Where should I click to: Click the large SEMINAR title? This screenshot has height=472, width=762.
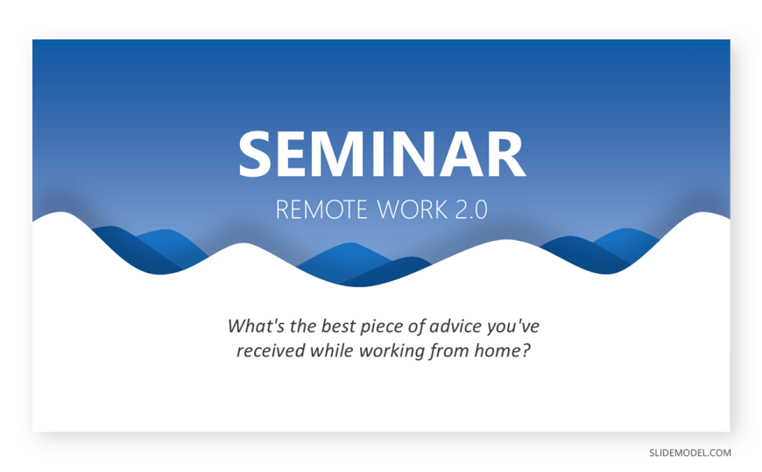pyautogui.click(x=382, y=154)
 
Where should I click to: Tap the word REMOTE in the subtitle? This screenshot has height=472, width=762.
pyautogui.click(x=321, y=210)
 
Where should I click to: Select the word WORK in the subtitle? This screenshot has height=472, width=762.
pyautogui.click(x=413, y=210)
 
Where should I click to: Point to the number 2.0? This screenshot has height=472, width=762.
pyautogui.click(x=471, y=210)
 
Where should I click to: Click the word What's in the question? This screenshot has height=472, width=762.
pyautogui.click(x=256, y=326)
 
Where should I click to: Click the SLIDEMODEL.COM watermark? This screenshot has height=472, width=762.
pyautogui.click(x=690, y=453)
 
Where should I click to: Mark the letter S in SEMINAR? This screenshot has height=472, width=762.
pyautogui.click(x=255, y=154)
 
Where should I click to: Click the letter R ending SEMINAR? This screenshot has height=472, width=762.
pyautogui.click(x=508, y=154)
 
